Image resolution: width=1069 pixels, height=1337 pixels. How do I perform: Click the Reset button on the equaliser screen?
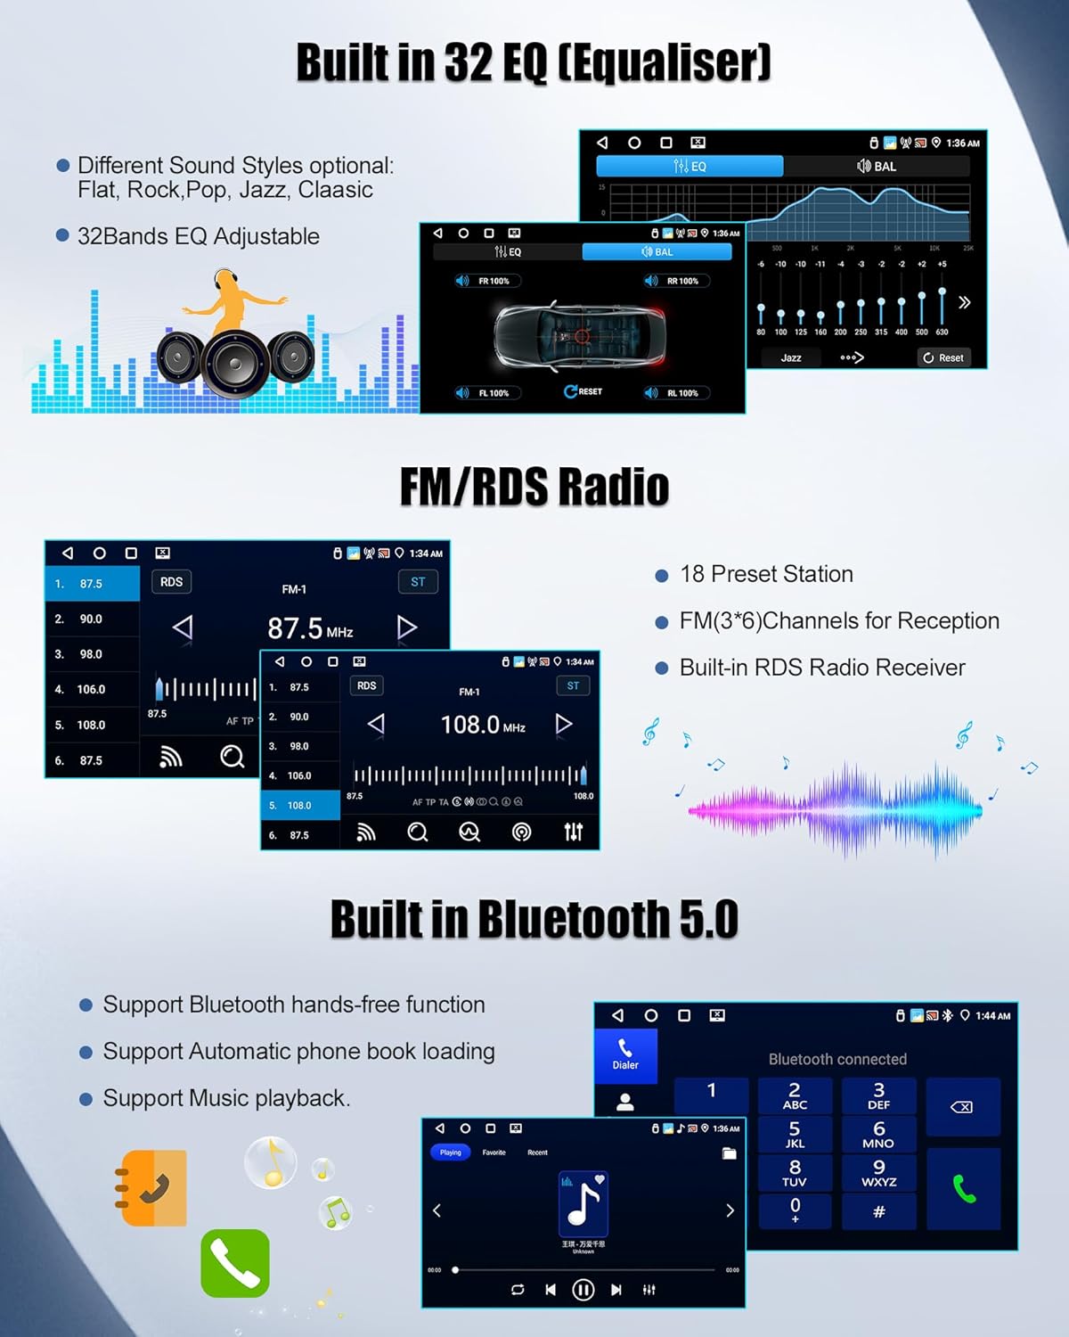[943, 357]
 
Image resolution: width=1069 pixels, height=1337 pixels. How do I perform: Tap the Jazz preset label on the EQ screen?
[791, 357]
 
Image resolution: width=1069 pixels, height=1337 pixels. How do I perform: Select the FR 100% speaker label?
[487, 281]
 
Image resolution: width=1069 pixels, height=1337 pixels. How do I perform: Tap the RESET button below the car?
[583, 391]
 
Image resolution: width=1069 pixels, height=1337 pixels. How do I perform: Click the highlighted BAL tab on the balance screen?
[657, 252]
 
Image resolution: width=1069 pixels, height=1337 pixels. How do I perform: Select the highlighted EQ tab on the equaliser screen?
[690, 166]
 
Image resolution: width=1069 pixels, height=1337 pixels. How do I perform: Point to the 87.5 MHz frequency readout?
[309, 628]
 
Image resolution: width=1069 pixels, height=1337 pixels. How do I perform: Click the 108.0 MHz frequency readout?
[482, 725]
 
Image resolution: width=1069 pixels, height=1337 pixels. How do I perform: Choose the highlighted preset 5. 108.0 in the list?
[300, 805]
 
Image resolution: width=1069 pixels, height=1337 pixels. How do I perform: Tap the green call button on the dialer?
[964, 1188]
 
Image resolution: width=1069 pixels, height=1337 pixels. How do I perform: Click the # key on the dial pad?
[878, 1211]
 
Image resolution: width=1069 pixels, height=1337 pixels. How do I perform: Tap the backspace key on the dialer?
[962, 1107]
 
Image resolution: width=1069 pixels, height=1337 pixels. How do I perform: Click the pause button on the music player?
[583, 1289]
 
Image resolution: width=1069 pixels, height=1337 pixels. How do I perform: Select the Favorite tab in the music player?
[494, 1152]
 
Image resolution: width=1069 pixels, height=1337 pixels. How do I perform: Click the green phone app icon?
[235, 1263]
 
